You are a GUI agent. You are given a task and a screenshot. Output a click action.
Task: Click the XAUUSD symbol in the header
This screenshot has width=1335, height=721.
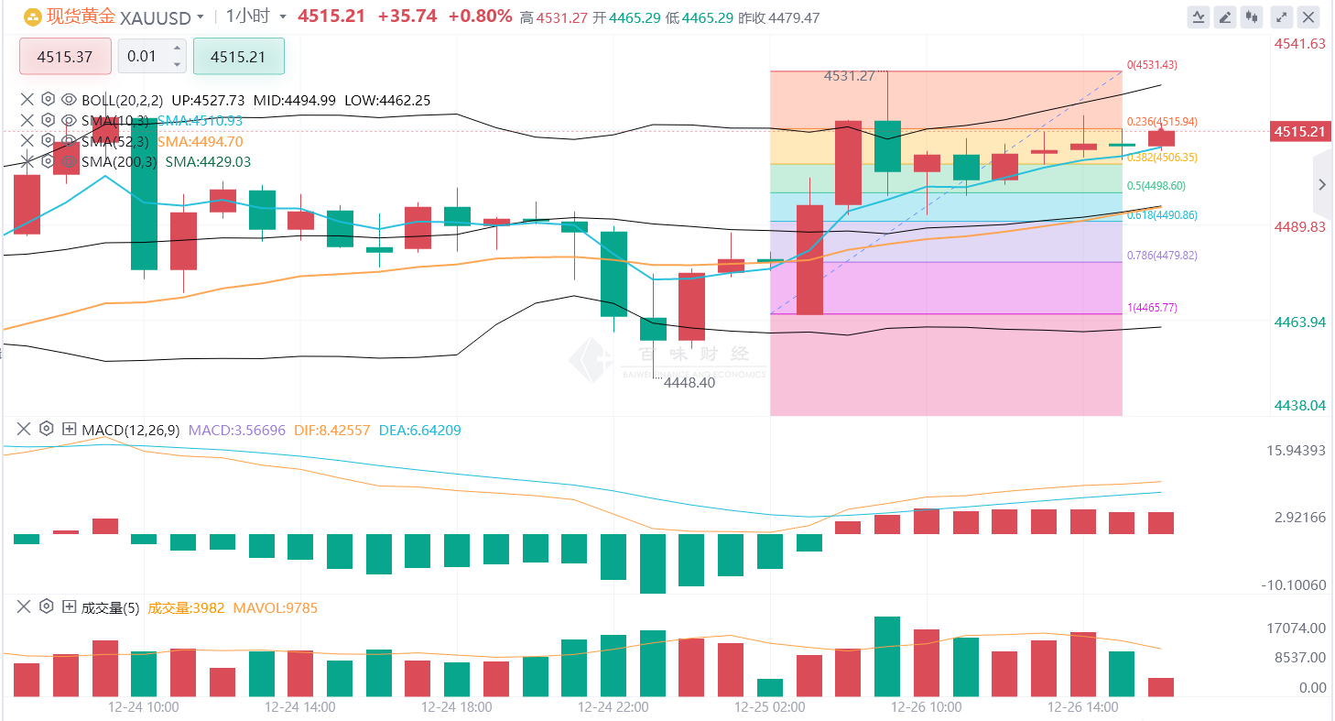(157, 16)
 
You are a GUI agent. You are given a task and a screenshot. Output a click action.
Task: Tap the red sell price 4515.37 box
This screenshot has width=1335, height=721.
(65, 57)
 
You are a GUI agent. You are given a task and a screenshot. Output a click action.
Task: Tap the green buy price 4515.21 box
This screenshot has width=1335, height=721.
(238, 57)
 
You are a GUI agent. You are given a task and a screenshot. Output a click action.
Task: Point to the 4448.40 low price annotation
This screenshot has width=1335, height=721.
(689, 383)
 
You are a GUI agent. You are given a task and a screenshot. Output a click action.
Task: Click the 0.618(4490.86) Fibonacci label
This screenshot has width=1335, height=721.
(1162, 215)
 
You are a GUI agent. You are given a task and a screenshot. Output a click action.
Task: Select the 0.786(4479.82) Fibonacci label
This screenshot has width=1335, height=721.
(1162, 256)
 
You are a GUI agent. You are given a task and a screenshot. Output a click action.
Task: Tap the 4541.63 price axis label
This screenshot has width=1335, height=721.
(1299, 43)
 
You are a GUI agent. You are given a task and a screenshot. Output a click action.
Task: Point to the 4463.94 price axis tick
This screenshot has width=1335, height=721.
(1299, 322)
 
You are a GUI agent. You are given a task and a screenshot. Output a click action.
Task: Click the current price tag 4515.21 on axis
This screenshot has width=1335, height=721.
(1299, 132)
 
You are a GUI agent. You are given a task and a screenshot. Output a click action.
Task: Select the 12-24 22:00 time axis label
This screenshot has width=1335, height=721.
(613, 707)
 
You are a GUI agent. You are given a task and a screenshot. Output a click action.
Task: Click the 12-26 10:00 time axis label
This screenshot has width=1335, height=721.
(927, 707)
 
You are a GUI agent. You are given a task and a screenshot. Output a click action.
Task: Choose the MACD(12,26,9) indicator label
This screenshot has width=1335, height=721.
(130, 430)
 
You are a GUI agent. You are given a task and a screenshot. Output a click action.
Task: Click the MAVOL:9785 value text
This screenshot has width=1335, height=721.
(276, 608)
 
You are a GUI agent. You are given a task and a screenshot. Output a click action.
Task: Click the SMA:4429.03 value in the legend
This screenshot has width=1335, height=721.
(204, 162)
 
